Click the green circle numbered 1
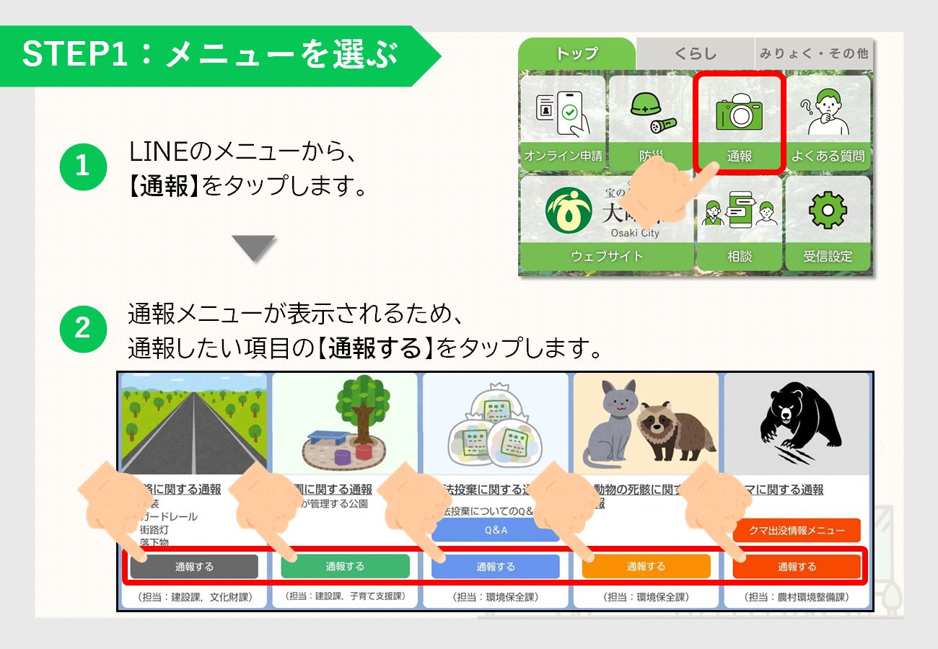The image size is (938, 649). (82, 167)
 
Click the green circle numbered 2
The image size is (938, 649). (82, 328)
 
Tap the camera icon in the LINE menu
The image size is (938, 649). (739, 112)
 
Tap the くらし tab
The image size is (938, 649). (696, 53)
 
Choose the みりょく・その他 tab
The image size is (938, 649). (813, 53)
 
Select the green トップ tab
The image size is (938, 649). (577, 53)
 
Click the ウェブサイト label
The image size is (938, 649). (606, 256)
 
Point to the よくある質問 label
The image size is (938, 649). (828, 156)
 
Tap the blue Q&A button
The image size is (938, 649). (496, 530)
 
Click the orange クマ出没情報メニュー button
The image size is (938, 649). (797, 530)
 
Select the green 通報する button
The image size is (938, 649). (345, 566)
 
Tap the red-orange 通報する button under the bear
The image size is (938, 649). (797, 567)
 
